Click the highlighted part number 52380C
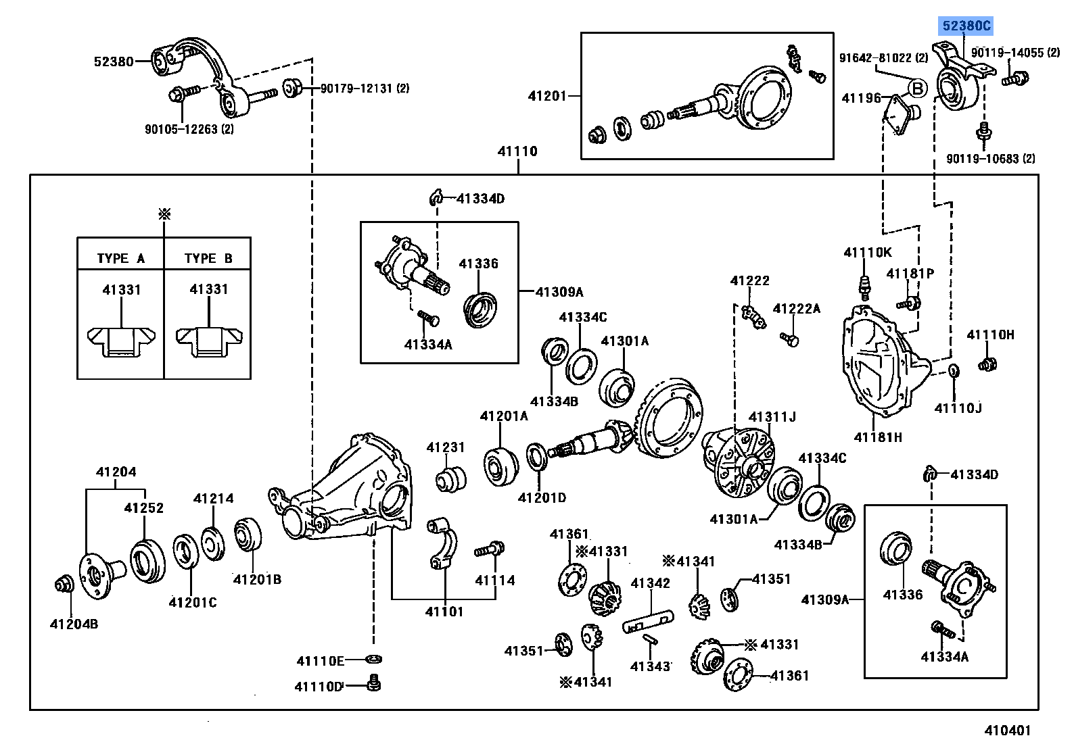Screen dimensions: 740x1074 pos(966,26)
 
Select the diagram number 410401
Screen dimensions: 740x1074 pos(1007,730)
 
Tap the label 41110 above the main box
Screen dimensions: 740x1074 pos(517,151)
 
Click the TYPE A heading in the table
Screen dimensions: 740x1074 pos(120,258)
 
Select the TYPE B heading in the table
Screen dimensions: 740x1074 pos(208,258)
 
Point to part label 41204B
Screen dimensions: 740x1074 pos(74,624)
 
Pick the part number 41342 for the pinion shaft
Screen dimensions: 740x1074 pos(650,583)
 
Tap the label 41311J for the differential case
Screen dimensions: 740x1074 pos(772,417)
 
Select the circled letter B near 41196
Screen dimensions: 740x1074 pos(917,89)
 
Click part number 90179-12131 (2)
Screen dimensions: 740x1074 pos(365,89)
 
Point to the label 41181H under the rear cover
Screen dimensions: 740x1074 pos(878,437)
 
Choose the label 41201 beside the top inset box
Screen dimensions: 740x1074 pos(547,96)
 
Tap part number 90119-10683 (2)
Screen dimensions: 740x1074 pos(990,159)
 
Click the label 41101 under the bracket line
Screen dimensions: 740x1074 pos(444,612)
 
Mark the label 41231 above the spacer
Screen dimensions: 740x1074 pos(446,447)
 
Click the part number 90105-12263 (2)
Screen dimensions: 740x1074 pos(189,129)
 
